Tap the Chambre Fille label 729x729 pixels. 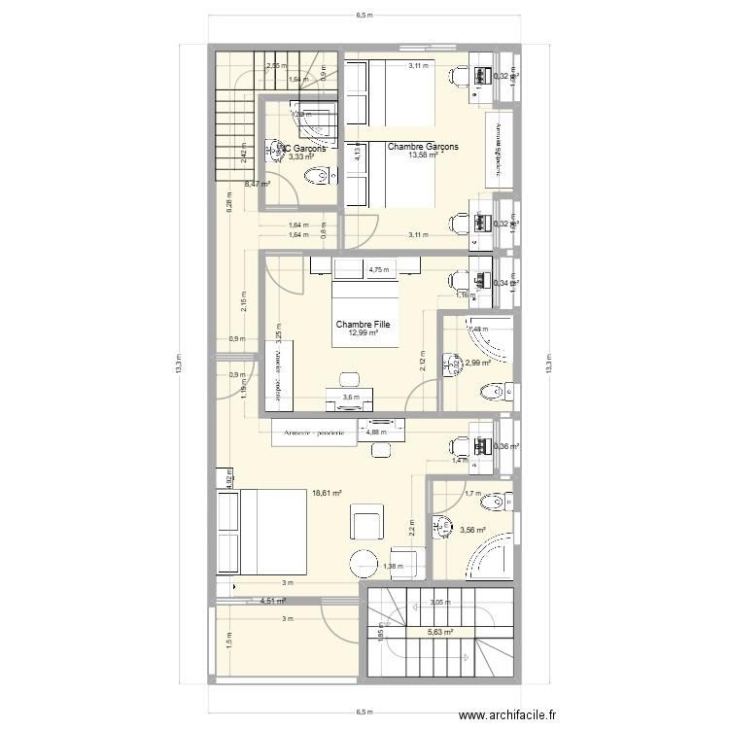[363, 325]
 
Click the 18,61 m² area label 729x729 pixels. [327, 493]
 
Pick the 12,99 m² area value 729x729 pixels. [363, 333]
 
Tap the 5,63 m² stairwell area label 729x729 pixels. [441, 631]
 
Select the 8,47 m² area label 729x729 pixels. [258, 183]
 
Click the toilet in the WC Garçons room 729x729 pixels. [314, 176]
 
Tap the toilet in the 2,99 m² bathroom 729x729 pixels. [489, 391]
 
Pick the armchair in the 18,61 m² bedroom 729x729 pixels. [367, 524]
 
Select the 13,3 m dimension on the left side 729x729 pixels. [179, 364]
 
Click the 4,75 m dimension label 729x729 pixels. [377, 270]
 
